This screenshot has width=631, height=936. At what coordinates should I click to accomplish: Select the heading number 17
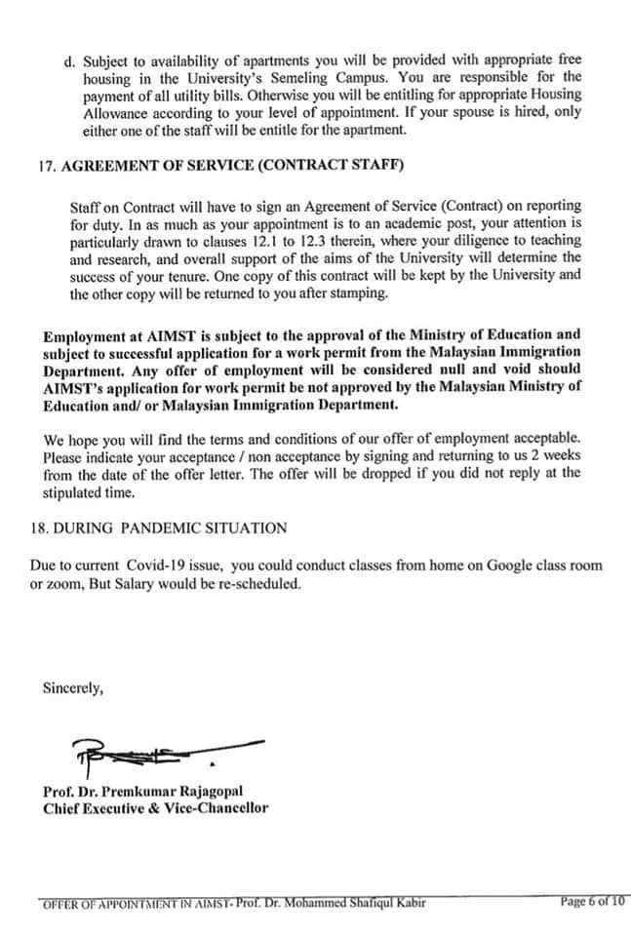[45, 167]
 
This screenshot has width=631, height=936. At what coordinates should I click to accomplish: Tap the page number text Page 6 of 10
[593, 901]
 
